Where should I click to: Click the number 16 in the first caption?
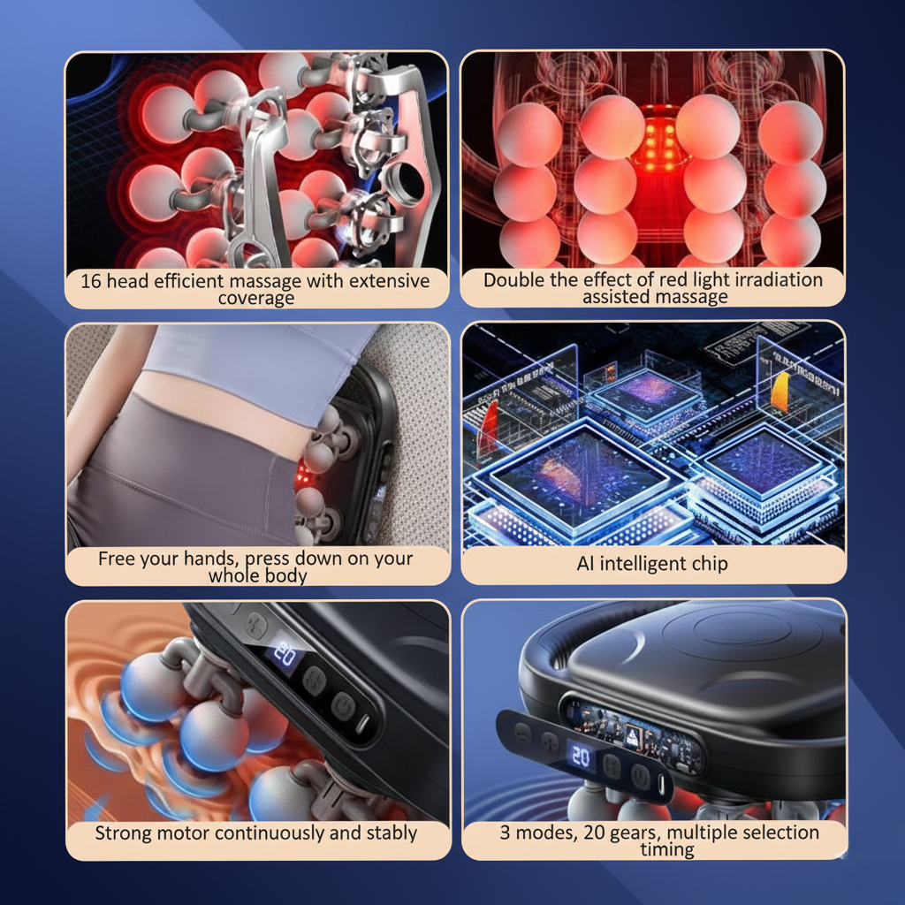tap(91, 281)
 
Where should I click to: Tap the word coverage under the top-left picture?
tap(256, 298)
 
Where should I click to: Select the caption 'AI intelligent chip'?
tap(652, 564)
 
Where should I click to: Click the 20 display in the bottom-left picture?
tap(284, 655)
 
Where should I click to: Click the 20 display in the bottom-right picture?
tap(580, 758)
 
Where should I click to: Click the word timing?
tap(667, 850)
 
